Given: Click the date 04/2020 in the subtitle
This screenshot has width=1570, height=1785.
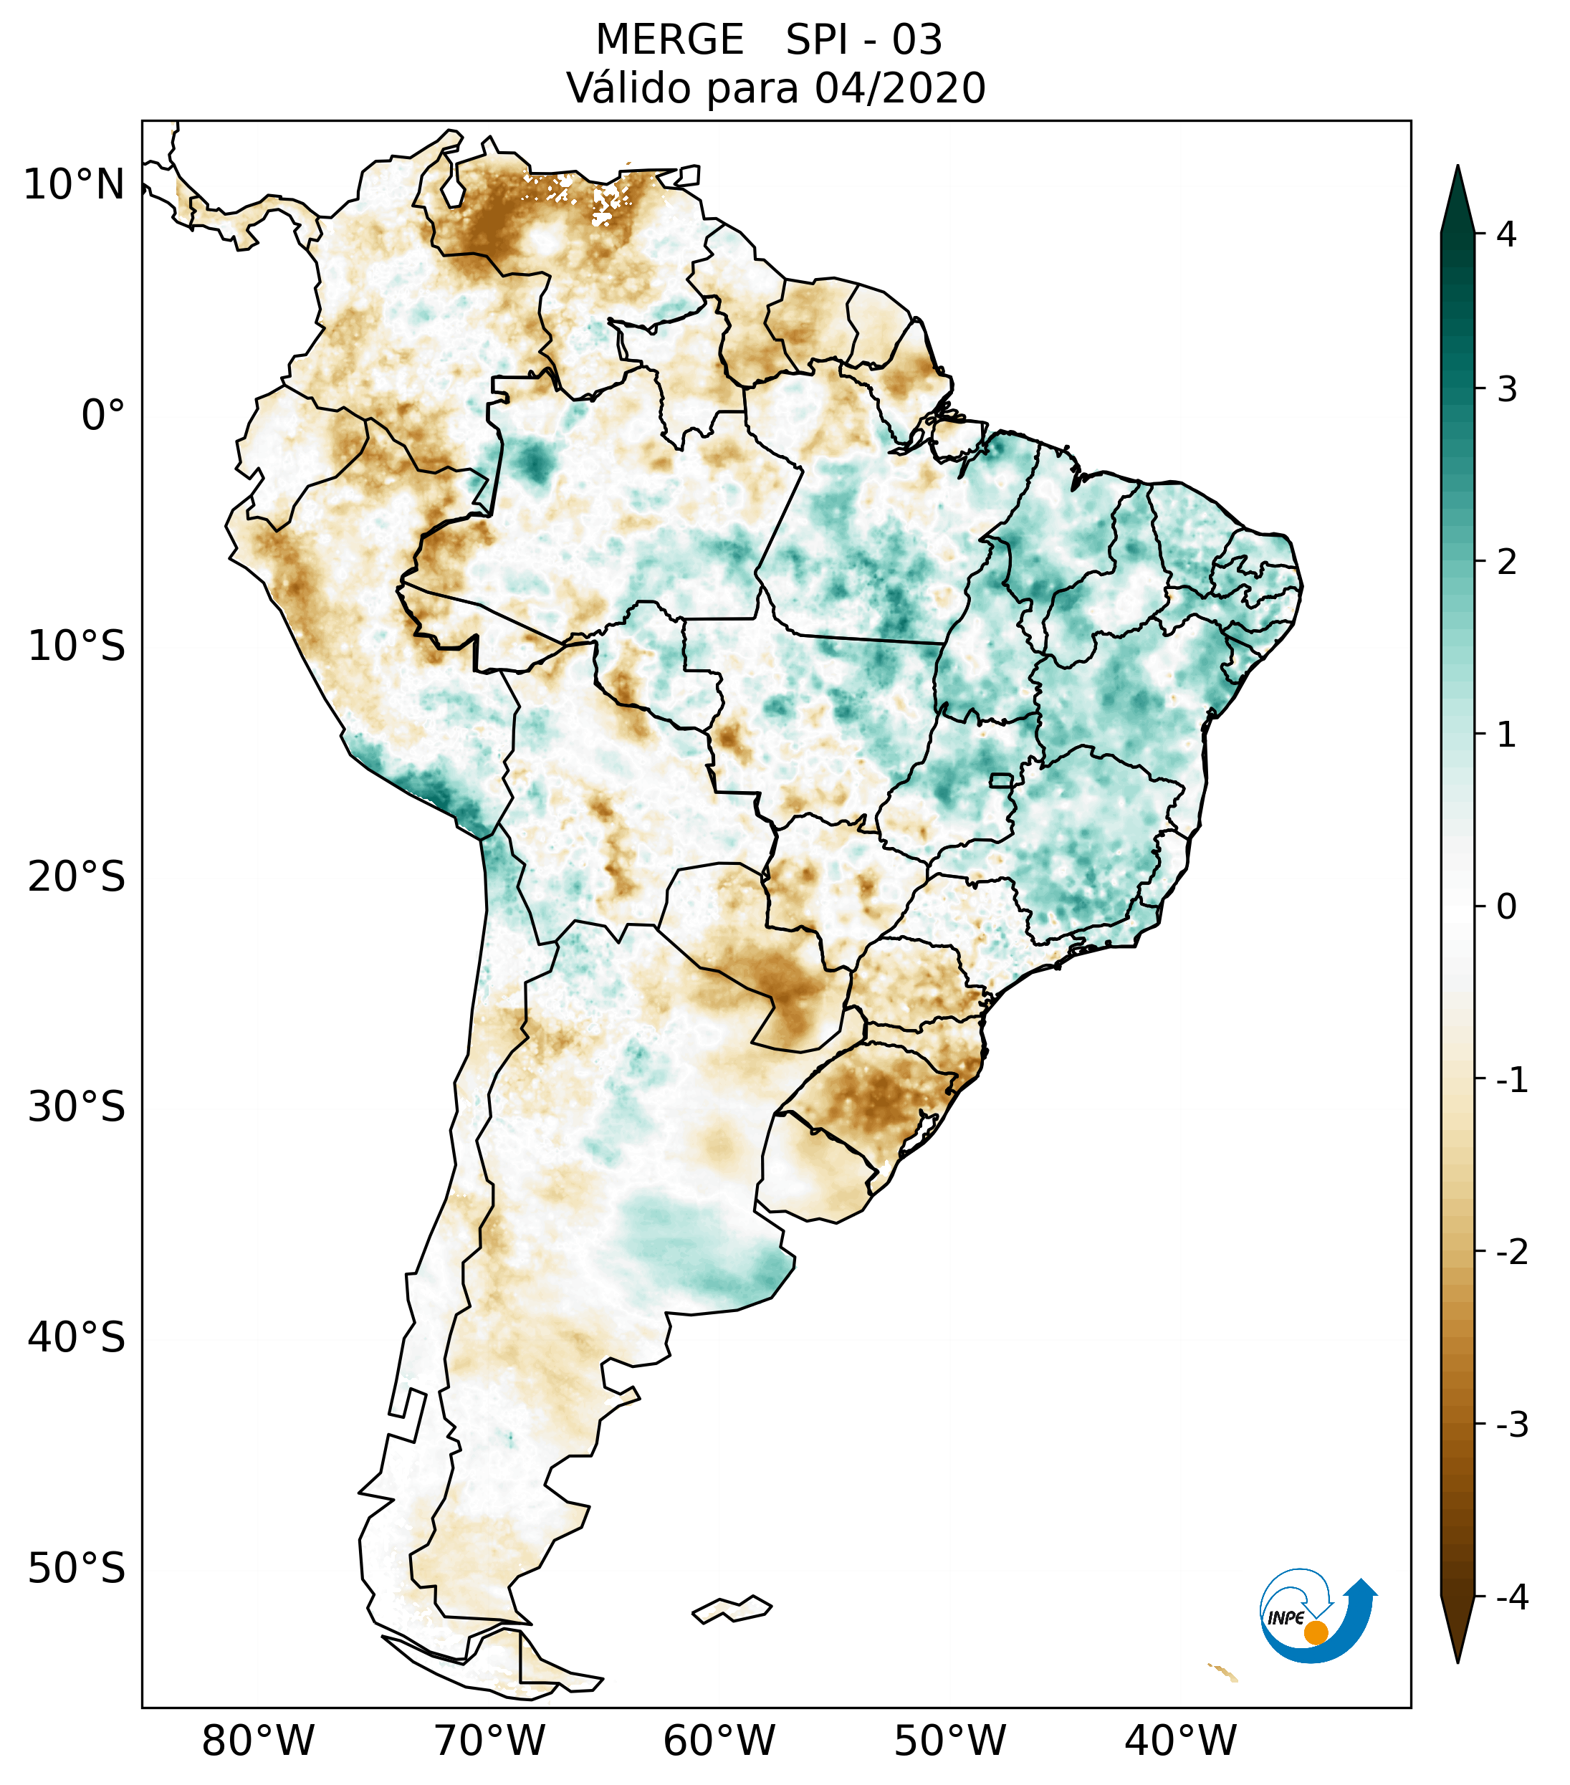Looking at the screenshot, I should click(899, 88).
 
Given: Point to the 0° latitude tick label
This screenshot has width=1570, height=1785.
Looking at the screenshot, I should click(103, 415).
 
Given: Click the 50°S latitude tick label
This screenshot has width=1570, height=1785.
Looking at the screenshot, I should click(77, 1568).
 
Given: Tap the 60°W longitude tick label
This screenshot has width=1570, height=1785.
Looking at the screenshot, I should click(719, 1741).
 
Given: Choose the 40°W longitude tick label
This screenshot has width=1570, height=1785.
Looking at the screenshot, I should click(1179, 1741).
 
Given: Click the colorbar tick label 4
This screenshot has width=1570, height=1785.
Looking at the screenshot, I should click(1506, 234).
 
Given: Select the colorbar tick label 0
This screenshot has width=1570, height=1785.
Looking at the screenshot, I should click(1506, 906).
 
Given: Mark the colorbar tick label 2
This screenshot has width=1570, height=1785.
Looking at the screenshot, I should click(1506, 562).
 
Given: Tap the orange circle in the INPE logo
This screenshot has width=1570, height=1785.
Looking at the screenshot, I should click(1315, 1632).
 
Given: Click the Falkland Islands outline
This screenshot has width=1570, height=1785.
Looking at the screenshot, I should click(732, 1609).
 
